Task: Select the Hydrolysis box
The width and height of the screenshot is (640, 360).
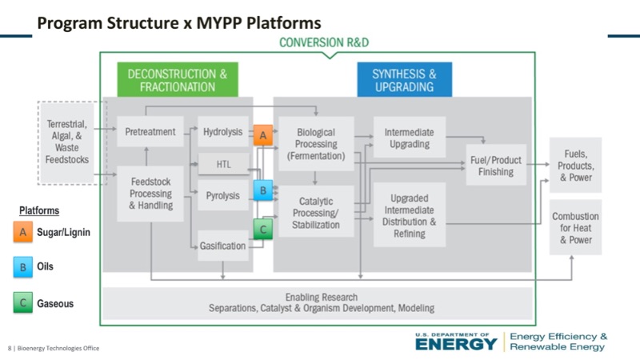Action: point(222,132)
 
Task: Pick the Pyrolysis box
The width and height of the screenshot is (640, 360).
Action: point(222,195)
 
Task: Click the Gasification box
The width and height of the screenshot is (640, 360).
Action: point(222,246)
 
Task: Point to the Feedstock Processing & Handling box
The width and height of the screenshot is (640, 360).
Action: point(150,194)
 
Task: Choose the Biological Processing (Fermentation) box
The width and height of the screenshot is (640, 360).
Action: point(316,144)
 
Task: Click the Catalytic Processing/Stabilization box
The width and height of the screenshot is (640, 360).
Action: point(316,213)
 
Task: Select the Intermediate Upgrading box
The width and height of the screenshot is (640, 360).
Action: point(407,138)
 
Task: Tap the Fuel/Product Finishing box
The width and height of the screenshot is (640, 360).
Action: point(496,166)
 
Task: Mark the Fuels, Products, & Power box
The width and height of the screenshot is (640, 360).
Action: point(575,166)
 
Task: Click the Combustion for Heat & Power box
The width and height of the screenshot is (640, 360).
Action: point(575,228)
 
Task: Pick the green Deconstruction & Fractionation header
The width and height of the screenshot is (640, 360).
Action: point(178,80)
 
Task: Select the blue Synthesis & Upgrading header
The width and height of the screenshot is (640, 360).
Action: point(404,80)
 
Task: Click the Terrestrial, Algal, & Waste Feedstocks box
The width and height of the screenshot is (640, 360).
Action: point(67,142)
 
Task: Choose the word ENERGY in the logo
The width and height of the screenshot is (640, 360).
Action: point(456,344)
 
